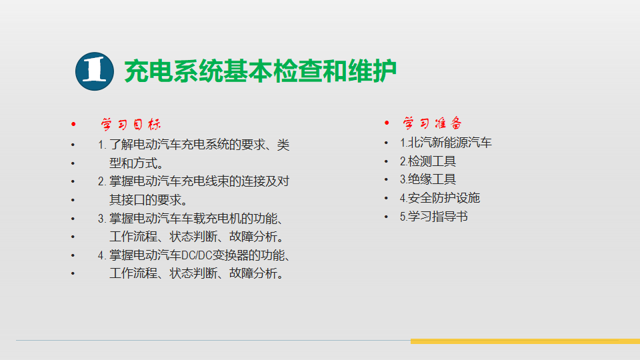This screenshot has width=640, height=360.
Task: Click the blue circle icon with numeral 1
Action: (94, 71)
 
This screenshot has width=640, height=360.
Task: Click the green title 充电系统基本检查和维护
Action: (261, 71)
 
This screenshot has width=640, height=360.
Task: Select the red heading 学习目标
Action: (131, 124)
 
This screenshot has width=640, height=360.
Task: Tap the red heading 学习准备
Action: (432, 123)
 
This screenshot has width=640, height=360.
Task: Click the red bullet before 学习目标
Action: (73, 124)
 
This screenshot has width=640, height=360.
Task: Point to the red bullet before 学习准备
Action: (387, 123)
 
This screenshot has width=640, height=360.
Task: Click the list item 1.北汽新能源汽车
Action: (446, 143)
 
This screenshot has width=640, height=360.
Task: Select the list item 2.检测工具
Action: (428, 161)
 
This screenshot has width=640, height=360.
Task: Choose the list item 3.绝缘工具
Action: (428, 179)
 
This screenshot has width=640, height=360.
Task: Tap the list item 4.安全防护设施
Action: (439, 198)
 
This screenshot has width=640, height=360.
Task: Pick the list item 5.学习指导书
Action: (433, 216)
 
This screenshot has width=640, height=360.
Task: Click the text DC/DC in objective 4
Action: (196, 255)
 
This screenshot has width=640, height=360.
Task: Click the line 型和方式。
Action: (136, 163)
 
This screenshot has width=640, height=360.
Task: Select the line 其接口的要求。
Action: (149, 200)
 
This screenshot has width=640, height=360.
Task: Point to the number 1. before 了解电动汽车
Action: (102, 145)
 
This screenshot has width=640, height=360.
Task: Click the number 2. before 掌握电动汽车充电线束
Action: (102, 181)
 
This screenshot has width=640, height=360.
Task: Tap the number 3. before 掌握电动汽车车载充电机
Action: (102, 219)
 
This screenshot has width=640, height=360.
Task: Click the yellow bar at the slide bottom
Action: (525, 341)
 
